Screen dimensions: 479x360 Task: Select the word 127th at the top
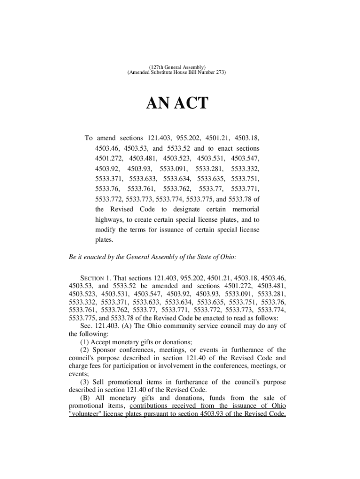(157, 67)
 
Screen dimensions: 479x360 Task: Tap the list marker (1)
(85, 342)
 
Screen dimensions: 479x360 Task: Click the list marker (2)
(85, 350)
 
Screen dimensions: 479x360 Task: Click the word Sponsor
(105, 350)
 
